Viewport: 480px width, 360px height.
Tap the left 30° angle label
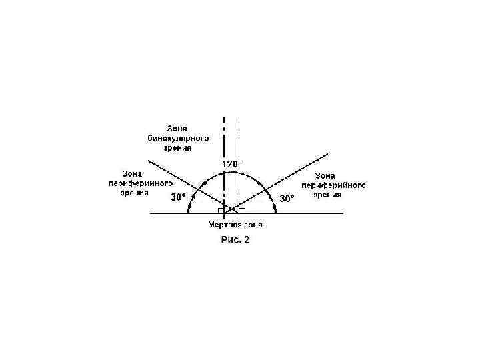point(179,197)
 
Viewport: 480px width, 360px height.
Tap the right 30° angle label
point(287,198)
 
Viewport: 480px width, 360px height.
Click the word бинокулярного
point(178,137)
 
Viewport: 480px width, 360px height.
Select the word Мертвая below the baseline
point(224,224)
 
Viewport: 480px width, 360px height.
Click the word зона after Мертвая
point(255,224)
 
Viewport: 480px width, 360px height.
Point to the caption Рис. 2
point(235,240)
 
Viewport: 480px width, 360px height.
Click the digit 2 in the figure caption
point(247,240)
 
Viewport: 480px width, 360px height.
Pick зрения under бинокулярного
point(178,147)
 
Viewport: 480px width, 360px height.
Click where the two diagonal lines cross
point(231,209)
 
